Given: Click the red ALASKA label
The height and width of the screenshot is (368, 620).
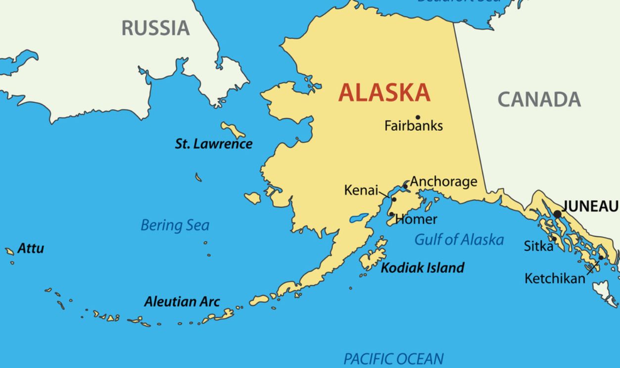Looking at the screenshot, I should point(384,93).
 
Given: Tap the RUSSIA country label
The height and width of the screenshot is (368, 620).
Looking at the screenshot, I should point(155,28).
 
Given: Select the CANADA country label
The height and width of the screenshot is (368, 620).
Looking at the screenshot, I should point(539,100).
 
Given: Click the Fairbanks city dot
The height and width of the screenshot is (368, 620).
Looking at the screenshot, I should point(418,117).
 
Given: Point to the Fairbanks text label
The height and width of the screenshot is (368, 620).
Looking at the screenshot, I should point(414,126).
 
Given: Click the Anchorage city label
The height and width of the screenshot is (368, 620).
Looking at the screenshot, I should point(444,182).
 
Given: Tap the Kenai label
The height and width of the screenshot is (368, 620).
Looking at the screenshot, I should point(361,190).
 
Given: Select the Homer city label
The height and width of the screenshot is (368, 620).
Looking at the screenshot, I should point(417,219).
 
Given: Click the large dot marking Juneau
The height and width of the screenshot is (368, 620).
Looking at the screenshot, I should point(558,214).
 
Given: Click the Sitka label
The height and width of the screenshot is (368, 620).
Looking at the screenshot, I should point(538,246).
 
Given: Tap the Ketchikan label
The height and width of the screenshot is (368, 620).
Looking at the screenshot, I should point(554,279).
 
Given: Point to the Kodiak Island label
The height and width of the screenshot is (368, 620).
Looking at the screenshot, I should point(423,268).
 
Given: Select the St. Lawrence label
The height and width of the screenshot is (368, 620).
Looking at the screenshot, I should point(213,144).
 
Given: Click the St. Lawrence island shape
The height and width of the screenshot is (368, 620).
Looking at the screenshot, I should point(233,130).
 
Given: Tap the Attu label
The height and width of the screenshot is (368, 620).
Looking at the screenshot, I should point(31,249).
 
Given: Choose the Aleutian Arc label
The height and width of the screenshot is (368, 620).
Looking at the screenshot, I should point(182,302).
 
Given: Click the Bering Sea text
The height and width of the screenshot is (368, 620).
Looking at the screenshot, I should point(175,225).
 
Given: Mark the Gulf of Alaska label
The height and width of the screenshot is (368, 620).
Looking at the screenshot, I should point(459,240).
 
